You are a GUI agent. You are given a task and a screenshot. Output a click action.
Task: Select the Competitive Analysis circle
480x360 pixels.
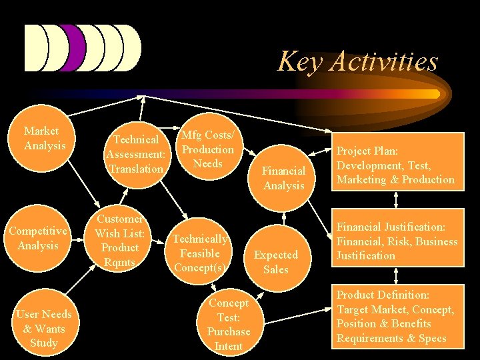pyautogui.click(x=38, y=239)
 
